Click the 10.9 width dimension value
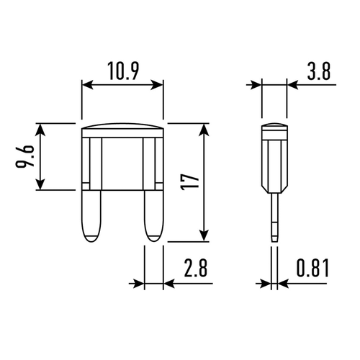tap(123, 71)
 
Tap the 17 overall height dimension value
tap(191, 181)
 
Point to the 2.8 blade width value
tap(195, 267)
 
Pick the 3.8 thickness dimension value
tap(319, 71)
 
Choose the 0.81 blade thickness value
tap(312, 267)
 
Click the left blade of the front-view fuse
tap(91, 215)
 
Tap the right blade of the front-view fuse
tap(153, 215)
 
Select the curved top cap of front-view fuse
tap(122, 126)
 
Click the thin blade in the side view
tap(275, 217)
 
